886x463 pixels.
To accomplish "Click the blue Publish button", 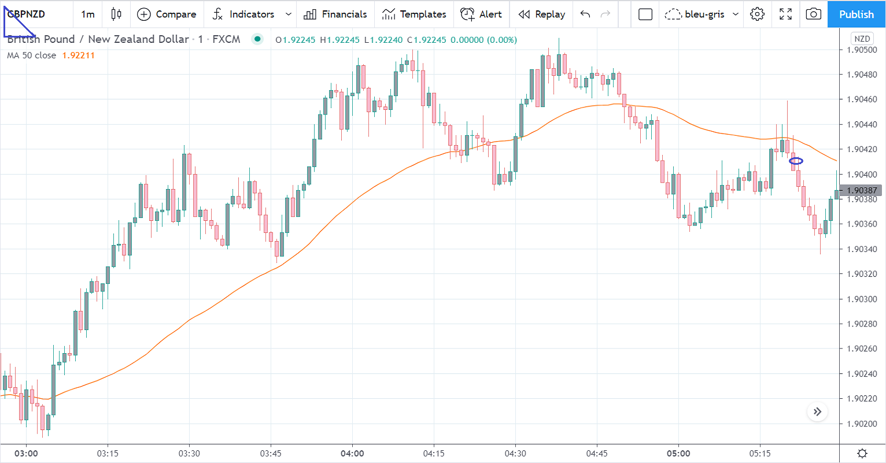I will (x=856, y=14).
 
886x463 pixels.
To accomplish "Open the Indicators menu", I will (x=243, y=14).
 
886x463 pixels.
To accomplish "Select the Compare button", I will (x=167, y=14).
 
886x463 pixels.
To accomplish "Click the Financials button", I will (x=335, y=14).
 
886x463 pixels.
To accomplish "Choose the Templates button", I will (x=414, y=14).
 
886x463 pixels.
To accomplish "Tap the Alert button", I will (x=481, y=14).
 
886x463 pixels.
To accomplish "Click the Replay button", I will (x=541, y=14).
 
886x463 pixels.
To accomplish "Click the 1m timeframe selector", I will (x=88, y=14).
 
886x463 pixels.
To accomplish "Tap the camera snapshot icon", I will (x=813, y=14).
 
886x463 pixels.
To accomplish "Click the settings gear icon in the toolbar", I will (x=757, y=14).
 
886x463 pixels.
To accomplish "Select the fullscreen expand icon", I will (x=785, y=14).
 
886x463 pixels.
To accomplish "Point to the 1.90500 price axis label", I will (x=861, y=50).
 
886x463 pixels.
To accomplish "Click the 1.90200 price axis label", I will (x=861, y=424).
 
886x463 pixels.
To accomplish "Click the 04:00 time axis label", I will (x=352, y=453).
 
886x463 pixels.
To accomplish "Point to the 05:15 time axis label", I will (x=760, y=453).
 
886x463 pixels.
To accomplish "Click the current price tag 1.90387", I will (x=861, y=190).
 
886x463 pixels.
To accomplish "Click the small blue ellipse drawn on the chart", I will (x=796, y=161).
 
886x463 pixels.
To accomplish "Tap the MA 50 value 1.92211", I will (x=78, y=55).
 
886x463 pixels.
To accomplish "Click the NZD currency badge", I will (x=862, y=39).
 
